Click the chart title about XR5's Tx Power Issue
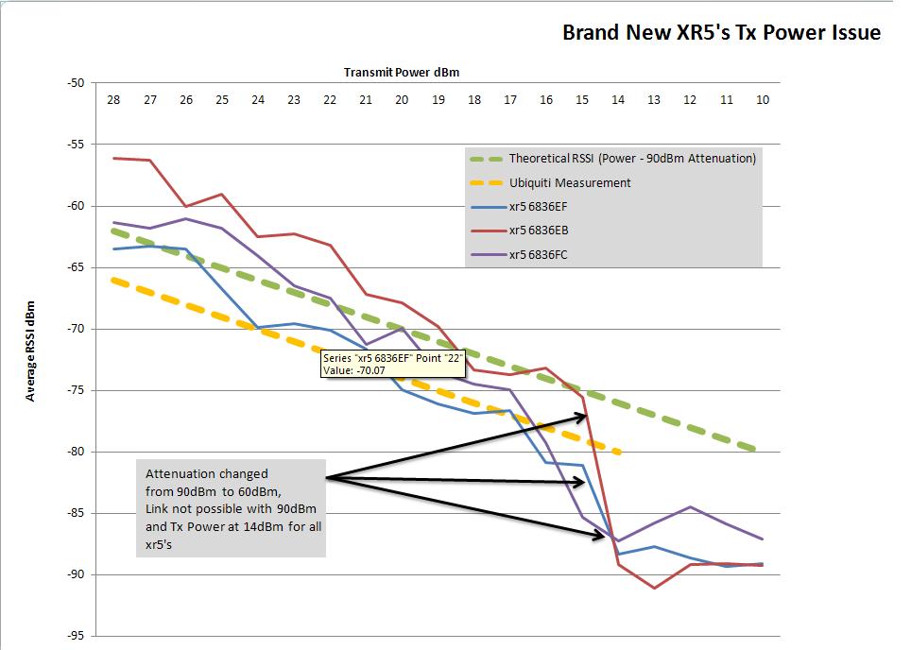pyautogui.click(x=721, y=33)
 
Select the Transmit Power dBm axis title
pyautogui.click(x=402, y=72)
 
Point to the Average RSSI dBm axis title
pyautogui.click(x=30, y=351)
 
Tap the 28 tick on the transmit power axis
pyautogui.click(x=113, y=99)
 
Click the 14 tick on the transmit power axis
pyautogui.click(x=618, y=99)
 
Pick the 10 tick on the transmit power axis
pyautogui.click(x=763, y=99)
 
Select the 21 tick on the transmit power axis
pyautogui.click(x=366, y=99)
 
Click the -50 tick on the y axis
pyautogui.click(x=77, y=83)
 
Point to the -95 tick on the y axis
pyautogui.click(x=77, y=636)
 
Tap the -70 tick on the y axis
pyautogui.click(x=77, y=329)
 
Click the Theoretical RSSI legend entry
pyautogui.click(x=631, y=159)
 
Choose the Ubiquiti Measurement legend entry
pyautogui.click(x=569, y=182)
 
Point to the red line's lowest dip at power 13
pyautogui.click(x=654, y=588)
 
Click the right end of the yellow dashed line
pyautogui.click(x=619, y=453)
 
